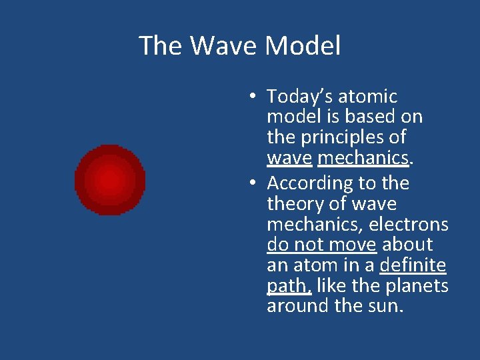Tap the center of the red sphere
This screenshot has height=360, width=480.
[x=110, y=180]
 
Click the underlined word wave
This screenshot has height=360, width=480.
[x=289, y=158]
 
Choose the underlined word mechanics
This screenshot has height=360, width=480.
[x=362, y=158]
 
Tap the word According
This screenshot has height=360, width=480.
[x=310, y=183]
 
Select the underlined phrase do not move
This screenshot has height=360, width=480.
[x=321, y=245]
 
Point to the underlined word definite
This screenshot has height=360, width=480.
[x=413, y=265]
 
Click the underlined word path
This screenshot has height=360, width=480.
[x=288, y=286]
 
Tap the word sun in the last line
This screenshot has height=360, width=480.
[x=388, y=306]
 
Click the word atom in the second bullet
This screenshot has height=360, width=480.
[x=313, y=265]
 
